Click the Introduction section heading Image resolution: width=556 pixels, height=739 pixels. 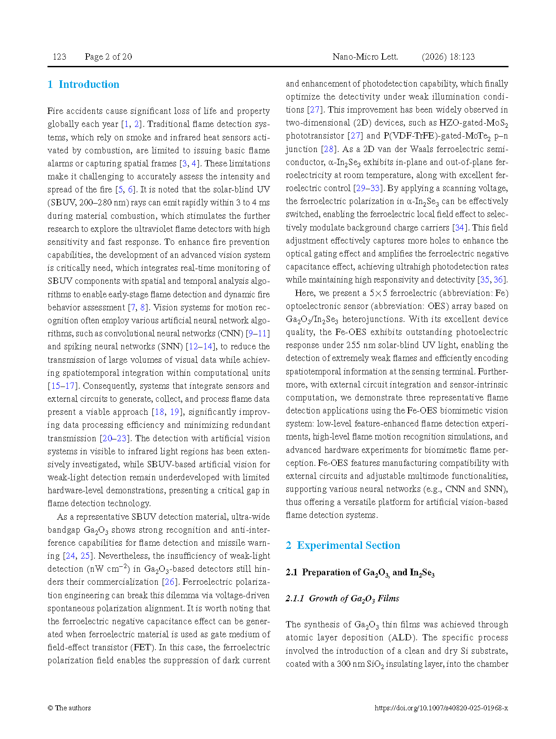(83, 84)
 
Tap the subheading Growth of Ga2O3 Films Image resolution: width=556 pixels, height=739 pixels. (342, 599)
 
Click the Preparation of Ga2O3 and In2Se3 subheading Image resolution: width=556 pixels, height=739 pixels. (360, 573)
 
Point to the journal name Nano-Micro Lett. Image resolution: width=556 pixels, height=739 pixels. (365, 57)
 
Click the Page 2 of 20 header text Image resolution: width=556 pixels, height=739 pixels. (108, 57)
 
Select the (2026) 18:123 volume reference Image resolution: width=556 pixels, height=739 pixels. (448, 57)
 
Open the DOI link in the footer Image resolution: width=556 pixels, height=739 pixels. (441, 708)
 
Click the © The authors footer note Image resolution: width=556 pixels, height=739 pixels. (69, 708)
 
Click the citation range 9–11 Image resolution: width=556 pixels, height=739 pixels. (258, 334)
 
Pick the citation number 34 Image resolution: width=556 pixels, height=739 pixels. (459, 228)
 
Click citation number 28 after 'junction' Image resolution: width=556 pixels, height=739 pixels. (328, 149)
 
